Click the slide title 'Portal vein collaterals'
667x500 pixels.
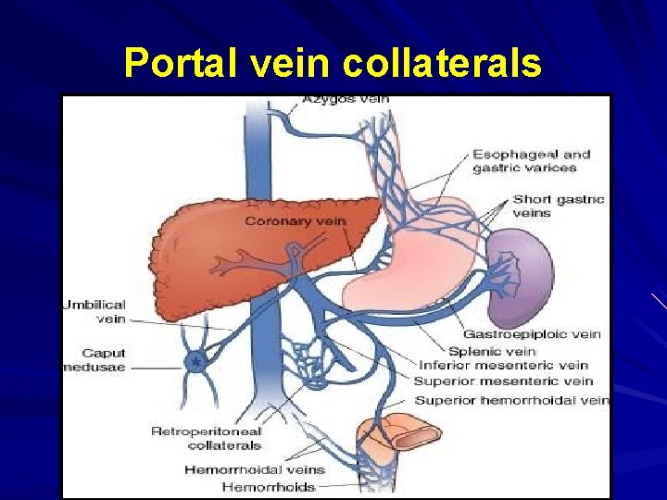[x=333, y=63]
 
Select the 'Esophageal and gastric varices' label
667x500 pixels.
[x=531, y=161]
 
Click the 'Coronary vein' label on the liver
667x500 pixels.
[x=288, y=221]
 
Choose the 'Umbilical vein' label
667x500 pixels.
[x=94, y=311]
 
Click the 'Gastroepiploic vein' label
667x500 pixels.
[x=532, y=334]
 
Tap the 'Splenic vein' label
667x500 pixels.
[x=492, y=351]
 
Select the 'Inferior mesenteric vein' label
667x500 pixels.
[x=503, y=366]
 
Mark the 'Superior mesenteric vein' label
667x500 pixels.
[x=503, y=381]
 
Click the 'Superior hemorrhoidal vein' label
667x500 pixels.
[x=511, y=400]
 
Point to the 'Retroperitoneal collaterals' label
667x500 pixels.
[x=206, y=438]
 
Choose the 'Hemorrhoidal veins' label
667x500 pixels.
[x=254, y=469]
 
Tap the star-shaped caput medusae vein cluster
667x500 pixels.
[x=195, y=361]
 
